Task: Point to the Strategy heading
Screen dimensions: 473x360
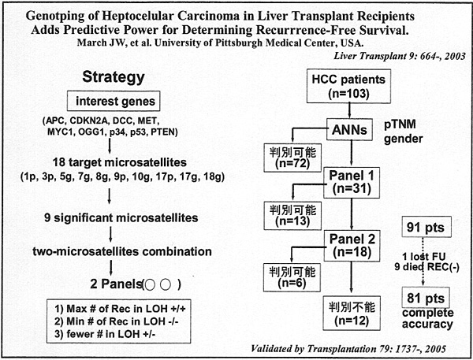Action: tap(114, 77)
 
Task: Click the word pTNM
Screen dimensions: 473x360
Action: tap(400, 124)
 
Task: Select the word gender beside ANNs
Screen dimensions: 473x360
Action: tap(404, 139)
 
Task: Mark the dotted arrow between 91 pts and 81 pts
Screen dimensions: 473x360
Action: tap(423, 261)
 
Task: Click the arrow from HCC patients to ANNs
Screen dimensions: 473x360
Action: tap(349, 110)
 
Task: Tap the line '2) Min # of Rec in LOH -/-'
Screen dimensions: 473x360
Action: tap(117, 321)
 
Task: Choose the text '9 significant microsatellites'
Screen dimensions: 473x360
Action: tap(121, 217)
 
